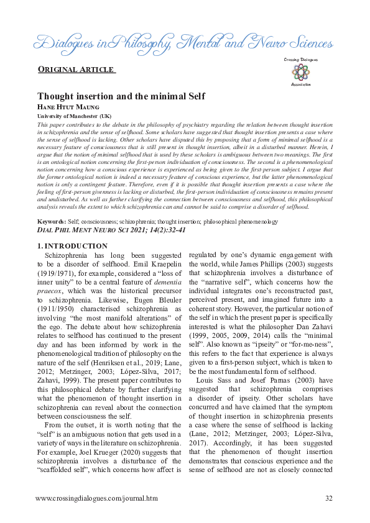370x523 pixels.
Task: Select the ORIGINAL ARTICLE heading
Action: point(76,69)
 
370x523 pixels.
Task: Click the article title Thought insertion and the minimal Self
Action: point(121,96)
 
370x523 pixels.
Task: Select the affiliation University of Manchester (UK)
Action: point(75,116)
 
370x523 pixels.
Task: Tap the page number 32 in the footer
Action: point(329,498)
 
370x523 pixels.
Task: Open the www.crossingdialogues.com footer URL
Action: point(96,498)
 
